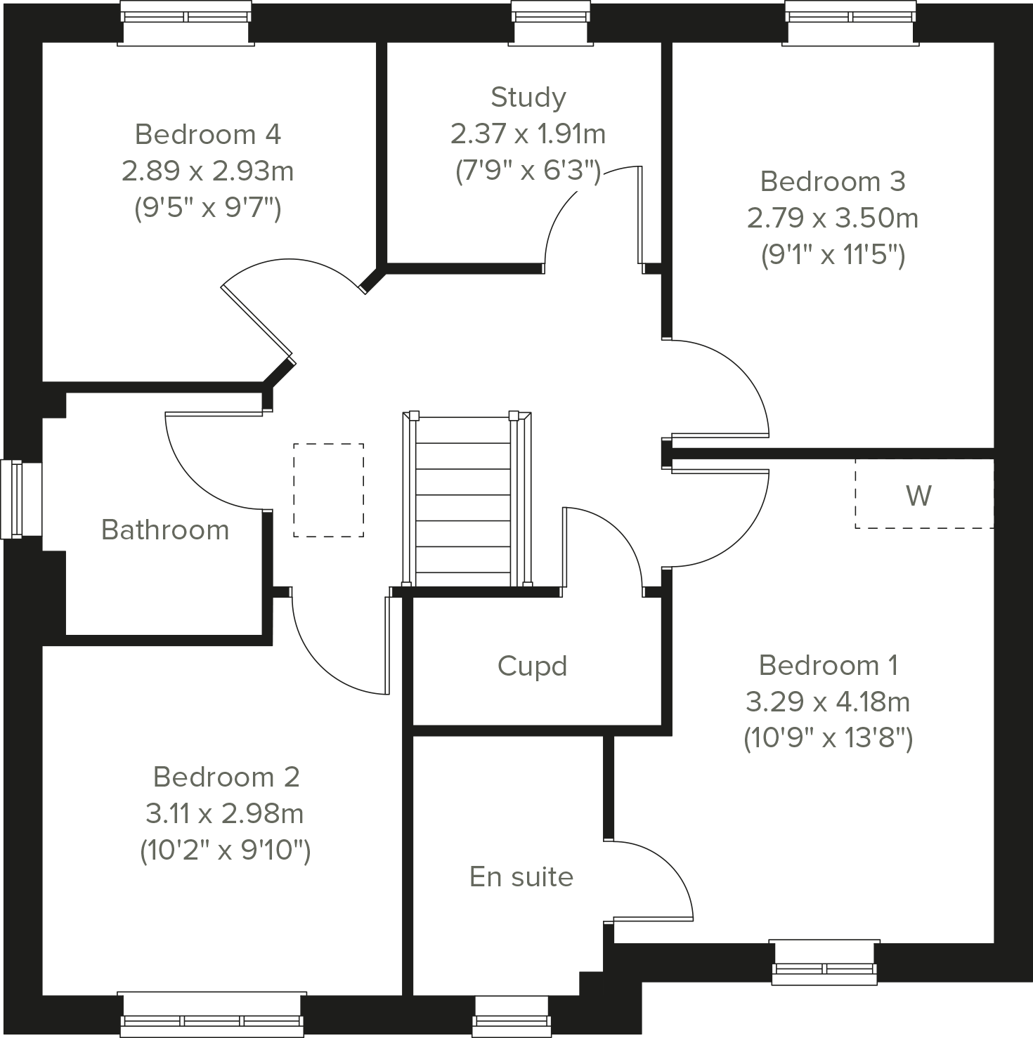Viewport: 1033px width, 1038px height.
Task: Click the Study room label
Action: tap(528, 98)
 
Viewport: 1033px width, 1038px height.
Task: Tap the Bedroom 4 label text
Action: tap(208, 134)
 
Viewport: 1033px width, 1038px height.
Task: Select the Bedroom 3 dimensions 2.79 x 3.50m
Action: tap(833, 218)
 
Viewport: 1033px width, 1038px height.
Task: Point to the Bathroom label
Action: tap(165, 530)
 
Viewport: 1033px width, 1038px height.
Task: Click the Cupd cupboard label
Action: tap(532, 666)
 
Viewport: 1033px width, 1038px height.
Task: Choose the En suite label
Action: tap(521, 876)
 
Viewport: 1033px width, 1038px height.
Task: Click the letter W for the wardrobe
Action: tap(918, 496)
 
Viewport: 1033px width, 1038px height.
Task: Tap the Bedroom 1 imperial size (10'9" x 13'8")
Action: tap(829, 738)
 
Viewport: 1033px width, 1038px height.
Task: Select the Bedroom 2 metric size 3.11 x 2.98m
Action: tap(225, 813)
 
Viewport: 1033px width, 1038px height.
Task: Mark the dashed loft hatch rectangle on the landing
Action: tap(328, 490)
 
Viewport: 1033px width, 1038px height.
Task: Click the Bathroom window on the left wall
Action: tap(13, 499)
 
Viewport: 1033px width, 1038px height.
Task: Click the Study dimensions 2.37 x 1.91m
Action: tap(528, 133)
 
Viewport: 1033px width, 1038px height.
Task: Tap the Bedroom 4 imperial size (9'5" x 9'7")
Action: tap(208, 208)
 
